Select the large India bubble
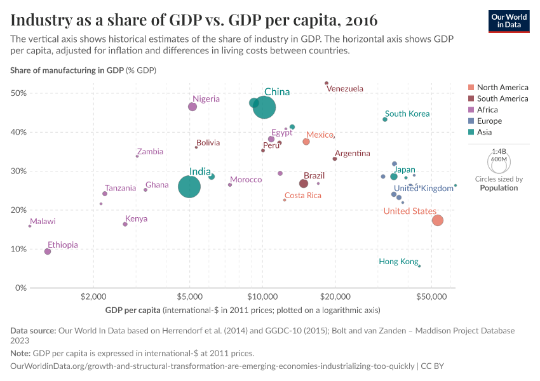pos(189,187)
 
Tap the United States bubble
pos(437,220)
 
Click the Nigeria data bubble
pos(192,107)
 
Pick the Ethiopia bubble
pos(48,251)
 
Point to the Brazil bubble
pos(304,184)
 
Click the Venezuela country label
pos(345,89)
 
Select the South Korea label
pos(407,114)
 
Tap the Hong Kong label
pos(398,262)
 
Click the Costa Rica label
pos(302,196)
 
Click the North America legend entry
pos(502,88)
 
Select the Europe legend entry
pos(489,121)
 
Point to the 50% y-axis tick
pos(18,93)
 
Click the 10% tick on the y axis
pos(18,249)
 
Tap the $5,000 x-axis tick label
pos(189,297)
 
